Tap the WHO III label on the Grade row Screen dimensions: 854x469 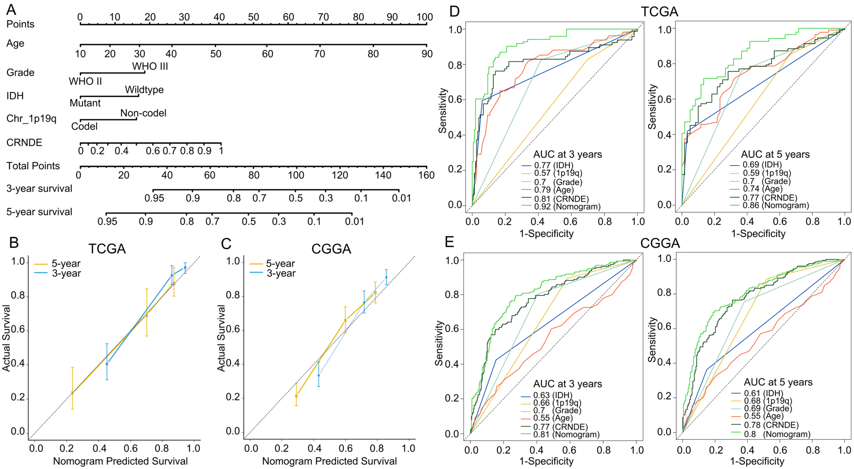150,66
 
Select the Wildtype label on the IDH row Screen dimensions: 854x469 144,90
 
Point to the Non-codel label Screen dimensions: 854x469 143,113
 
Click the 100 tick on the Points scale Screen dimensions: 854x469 425,17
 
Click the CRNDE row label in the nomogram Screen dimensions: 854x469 24,143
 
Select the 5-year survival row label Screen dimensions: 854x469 39,212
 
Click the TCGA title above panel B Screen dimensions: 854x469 107,249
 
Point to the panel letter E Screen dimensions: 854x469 449,242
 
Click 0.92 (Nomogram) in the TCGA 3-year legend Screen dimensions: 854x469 567,207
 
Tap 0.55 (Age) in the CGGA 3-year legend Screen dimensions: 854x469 553,418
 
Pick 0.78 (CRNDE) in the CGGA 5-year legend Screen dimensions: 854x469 771,425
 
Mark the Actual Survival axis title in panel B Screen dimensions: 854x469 6,338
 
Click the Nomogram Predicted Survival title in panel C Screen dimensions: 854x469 329,461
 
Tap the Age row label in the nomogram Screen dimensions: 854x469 15,43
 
